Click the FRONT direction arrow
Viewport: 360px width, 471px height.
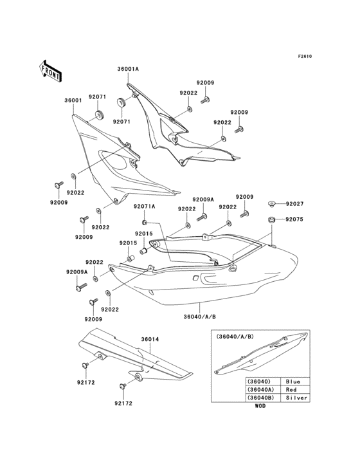coord(50,71)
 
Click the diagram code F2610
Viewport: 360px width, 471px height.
coord(305,56)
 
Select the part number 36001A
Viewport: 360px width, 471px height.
coord(128,69)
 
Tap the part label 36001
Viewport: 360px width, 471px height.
coord(73,100)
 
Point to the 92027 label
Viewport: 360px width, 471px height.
coord(294,204)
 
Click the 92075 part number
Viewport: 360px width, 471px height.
coord(294,219)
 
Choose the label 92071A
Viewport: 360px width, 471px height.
coord(145,207)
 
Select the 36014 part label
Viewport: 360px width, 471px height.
coord(150,340)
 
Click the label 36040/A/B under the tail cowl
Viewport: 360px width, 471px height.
coord(200,317)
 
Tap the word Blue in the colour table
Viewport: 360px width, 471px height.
coord(292,382)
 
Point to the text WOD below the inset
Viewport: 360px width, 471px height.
coord(260,406)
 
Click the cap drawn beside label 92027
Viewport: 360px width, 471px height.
coord(272,204)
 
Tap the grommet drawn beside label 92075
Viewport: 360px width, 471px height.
coord(272,220)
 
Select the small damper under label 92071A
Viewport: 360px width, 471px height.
coord(144,223)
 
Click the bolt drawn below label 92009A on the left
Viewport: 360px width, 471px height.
coord(81,287)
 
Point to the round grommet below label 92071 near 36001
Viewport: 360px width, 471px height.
coord(99,115)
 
